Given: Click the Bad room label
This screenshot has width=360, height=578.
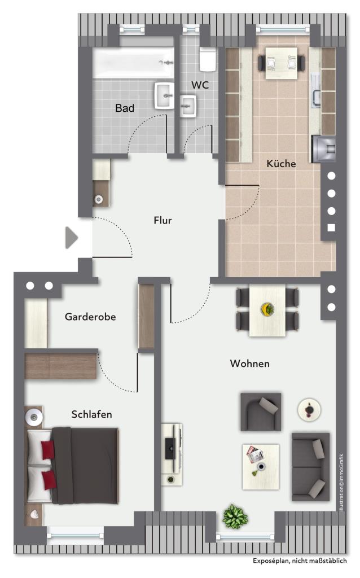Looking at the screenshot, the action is tap(125, 108).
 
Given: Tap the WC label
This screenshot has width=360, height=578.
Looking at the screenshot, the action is tap(200, 85).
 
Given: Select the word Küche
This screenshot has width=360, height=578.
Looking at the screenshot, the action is tap(281, 163).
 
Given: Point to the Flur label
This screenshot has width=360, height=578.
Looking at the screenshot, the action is tap(163, 221).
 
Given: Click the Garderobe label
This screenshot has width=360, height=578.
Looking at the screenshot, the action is tap(90, 317).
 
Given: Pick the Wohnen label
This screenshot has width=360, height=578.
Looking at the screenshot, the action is tap(250, 364).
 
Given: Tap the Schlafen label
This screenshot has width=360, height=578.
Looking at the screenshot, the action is tap(92, 414).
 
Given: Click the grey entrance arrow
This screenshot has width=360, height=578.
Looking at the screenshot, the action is tap(72, 238).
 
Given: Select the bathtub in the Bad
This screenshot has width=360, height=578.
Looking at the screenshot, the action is tap(133, 63).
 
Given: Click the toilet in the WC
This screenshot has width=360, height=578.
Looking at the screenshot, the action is tap(208, 59).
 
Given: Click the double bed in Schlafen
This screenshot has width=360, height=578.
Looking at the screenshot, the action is tap(73, 465).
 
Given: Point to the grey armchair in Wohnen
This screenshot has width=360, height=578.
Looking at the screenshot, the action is tap(261, 411).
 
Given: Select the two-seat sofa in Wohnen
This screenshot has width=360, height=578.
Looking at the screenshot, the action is tap(310, 467).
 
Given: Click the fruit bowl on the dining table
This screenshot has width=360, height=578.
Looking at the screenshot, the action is tap(267, 309).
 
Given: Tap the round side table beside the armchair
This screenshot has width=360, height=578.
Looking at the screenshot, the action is tap(309, 410).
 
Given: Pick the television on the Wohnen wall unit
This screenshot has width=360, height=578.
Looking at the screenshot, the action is tap(170, 448).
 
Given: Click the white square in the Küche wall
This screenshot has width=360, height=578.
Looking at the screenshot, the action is tap(331, 228).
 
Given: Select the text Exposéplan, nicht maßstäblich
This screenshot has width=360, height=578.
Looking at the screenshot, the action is tap(300, 561).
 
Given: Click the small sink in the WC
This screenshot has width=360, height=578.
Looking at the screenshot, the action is tap(188, 106).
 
